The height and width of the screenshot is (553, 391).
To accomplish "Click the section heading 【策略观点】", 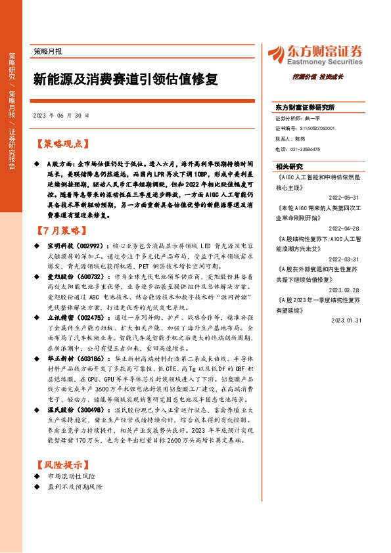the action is [60, 143].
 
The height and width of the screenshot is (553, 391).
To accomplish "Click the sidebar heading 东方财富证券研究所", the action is [305, 107].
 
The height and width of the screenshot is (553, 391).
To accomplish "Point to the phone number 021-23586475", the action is [306, 150].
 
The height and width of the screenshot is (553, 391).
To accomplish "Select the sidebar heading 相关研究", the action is [288, 167].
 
